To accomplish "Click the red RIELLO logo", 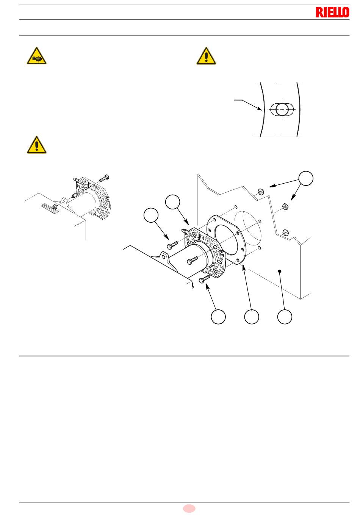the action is coord(332,12).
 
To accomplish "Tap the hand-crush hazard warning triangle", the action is coord(37,56).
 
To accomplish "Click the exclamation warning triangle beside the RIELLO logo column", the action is coord(206,56).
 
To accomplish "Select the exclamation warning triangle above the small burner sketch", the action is coord(37,145).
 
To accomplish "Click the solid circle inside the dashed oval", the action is coord(282,109).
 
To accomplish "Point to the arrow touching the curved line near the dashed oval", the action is coord(248,105).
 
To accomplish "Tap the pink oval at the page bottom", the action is coord(189,508).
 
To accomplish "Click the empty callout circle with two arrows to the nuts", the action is coord(306,178).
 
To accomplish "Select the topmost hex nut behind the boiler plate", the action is coord(260,191).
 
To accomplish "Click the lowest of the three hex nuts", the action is coord(285,233).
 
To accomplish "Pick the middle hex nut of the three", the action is coord(285,206).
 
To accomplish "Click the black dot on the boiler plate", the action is coord(280,271).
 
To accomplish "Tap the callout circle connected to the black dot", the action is coord(285,317).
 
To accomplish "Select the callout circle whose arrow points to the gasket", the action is coord(252,317).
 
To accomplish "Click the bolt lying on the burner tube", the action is coord(192,260).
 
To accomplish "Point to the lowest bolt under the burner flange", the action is coord(204,279).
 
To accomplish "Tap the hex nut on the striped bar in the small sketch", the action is coord(55,207).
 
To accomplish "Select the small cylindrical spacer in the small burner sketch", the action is coord(74,196).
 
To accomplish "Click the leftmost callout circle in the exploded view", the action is coord(151,215).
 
